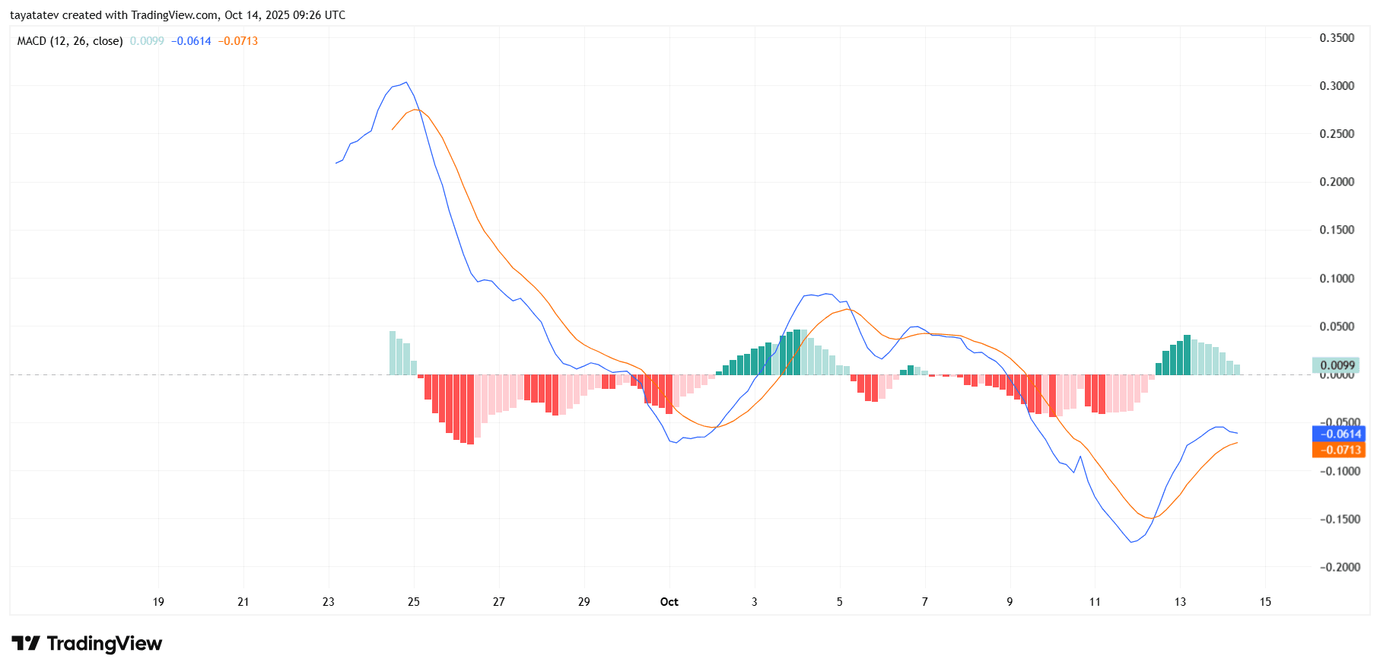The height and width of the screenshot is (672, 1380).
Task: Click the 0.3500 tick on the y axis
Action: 1337,38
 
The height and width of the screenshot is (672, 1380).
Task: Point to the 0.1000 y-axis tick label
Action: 1337,279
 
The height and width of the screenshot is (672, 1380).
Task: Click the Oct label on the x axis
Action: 669,602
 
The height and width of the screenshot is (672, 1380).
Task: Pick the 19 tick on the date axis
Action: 158,602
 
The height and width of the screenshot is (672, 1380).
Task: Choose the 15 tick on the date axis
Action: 1265,602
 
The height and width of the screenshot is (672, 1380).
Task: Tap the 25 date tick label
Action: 414,602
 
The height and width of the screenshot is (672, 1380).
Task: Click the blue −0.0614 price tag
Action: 1338,434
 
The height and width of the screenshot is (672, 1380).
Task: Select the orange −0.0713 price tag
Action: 1338,450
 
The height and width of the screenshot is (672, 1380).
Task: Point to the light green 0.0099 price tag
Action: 1337,365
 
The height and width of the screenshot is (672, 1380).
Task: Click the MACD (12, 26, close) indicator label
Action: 70,41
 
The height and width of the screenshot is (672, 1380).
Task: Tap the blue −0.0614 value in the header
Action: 191,41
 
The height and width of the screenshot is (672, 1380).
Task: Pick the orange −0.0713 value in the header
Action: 238,41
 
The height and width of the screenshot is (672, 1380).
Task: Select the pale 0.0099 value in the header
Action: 147,41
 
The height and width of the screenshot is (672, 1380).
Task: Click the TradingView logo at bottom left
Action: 87,644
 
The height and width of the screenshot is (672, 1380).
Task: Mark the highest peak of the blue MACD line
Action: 406,82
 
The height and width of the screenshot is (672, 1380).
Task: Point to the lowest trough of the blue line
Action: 1131,542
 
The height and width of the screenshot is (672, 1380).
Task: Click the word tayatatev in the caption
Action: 33,15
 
